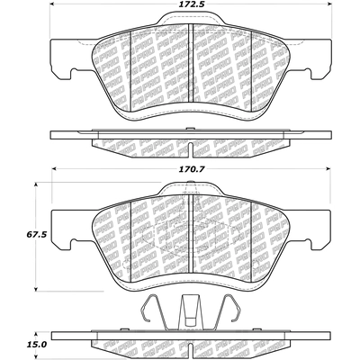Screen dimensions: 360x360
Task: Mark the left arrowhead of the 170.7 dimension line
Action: (x=54, y=167)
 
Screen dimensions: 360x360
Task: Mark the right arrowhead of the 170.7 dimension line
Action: (x=306, y=167)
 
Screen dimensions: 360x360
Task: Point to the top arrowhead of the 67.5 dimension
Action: (x=36, y=184)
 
